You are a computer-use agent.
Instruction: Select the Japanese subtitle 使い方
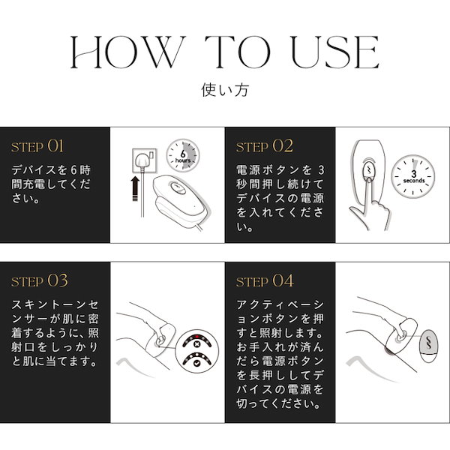224,90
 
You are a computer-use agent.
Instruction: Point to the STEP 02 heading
265,145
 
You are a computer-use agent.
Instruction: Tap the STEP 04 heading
265,281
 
